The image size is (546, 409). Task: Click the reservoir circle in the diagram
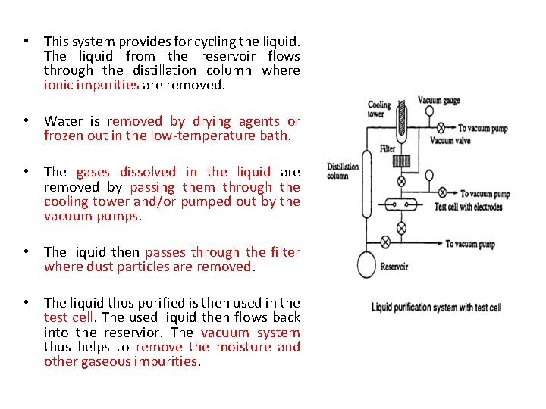[x=368, y=264]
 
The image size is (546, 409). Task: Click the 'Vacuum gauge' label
[x=439, y=101]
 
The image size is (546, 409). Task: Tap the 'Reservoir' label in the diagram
[x=394, y=267]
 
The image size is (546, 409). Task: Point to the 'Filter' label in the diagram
[x=388, y=148]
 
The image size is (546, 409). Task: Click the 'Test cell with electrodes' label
[x=468, y=207]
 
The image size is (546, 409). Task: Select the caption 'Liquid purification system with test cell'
[x=436, y=308]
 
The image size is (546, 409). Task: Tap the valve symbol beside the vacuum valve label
[x=428, y=129]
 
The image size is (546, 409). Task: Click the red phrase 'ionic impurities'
[x=92, y=86]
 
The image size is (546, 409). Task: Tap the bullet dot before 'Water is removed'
[x=27, y=121]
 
